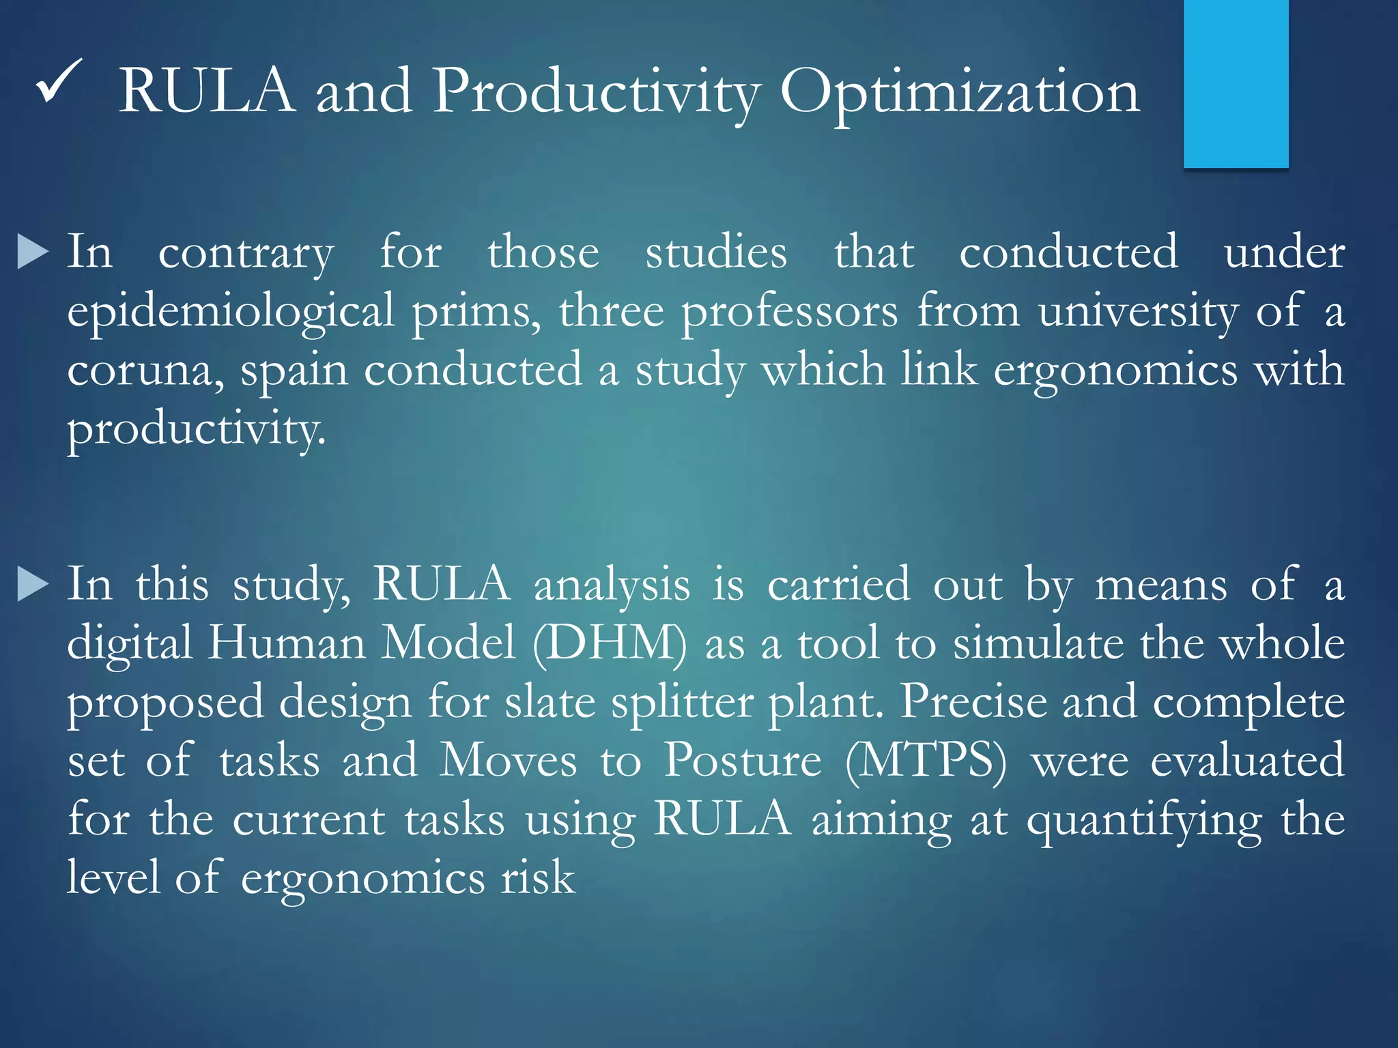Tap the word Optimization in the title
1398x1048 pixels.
(x=960, y=93)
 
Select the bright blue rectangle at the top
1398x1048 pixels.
(x=1236, y=83)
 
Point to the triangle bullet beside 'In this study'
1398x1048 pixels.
(x=32, y=584)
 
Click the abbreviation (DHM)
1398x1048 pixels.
(x=610, y=643)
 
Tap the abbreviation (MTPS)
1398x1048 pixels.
(x=926, y=760)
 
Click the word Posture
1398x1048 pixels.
(x=743, y=760)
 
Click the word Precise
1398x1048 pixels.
(x=973, y=702)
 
